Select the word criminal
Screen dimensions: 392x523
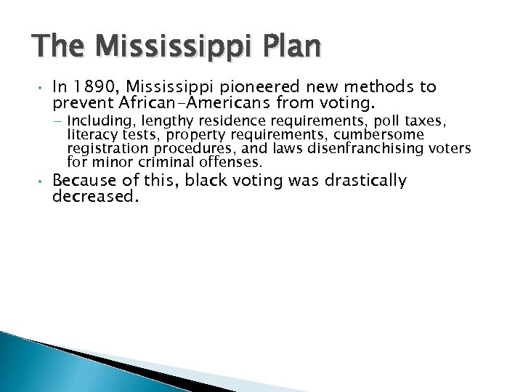click(x=154, y=161)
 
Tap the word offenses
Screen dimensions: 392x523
click(x=215, y=161)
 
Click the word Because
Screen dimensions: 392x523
click(x=85, y=180)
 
